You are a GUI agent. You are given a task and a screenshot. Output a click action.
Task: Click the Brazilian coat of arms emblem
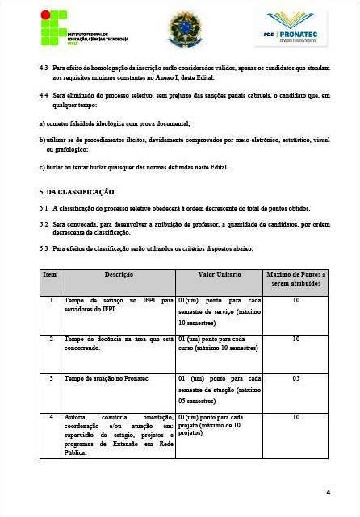tap(185, 30)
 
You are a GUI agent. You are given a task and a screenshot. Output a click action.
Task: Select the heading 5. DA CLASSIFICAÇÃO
tap(77, 192)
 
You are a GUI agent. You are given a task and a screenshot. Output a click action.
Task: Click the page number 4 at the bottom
tap(328, 491)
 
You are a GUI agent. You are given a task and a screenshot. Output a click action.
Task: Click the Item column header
tap(50, 275)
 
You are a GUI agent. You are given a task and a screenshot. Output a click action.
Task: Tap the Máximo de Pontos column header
tap(295, 279)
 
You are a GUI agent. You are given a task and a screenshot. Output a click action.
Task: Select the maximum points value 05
tap(295, 377)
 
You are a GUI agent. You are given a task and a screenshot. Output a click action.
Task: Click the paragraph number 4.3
tap(44, 69)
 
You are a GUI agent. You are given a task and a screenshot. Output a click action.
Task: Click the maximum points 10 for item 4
tap(295, 417)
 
